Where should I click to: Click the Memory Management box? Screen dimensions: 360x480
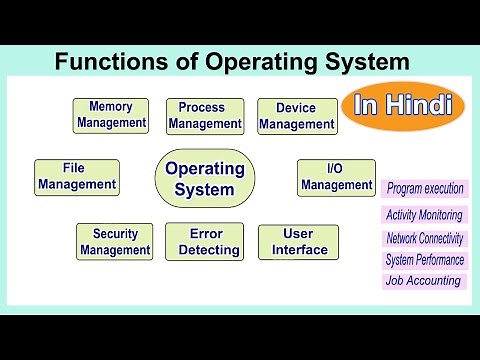[x=111, y=115]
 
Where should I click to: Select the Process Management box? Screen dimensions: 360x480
[x=204, y=116]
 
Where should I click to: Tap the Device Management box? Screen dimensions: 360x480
[x=296, y=116]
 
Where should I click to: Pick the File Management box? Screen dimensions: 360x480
[x=77, y=177]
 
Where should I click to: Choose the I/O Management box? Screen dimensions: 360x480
[x=336, y=177]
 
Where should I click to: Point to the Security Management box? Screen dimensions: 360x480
[x=115, y=241]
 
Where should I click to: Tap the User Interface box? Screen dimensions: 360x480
[x=299, y=241]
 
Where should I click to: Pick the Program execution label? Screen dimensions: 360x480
[x=425, y=188]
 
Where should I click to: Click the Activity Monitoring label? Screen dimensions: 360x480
[x=424, y=215]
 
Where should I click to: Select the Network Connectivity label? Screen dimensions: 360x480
[x=425, y=238]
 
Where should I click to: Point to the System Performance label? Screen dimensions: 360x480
[x=425, y=260]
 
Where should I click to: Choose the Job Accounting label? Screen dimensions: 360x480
[x=423, y=281]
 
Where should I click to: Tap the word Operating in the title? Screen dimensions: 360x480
[x=239, y=62]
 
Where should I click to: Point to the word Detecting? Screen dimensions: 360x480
[x=209, y=250]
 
